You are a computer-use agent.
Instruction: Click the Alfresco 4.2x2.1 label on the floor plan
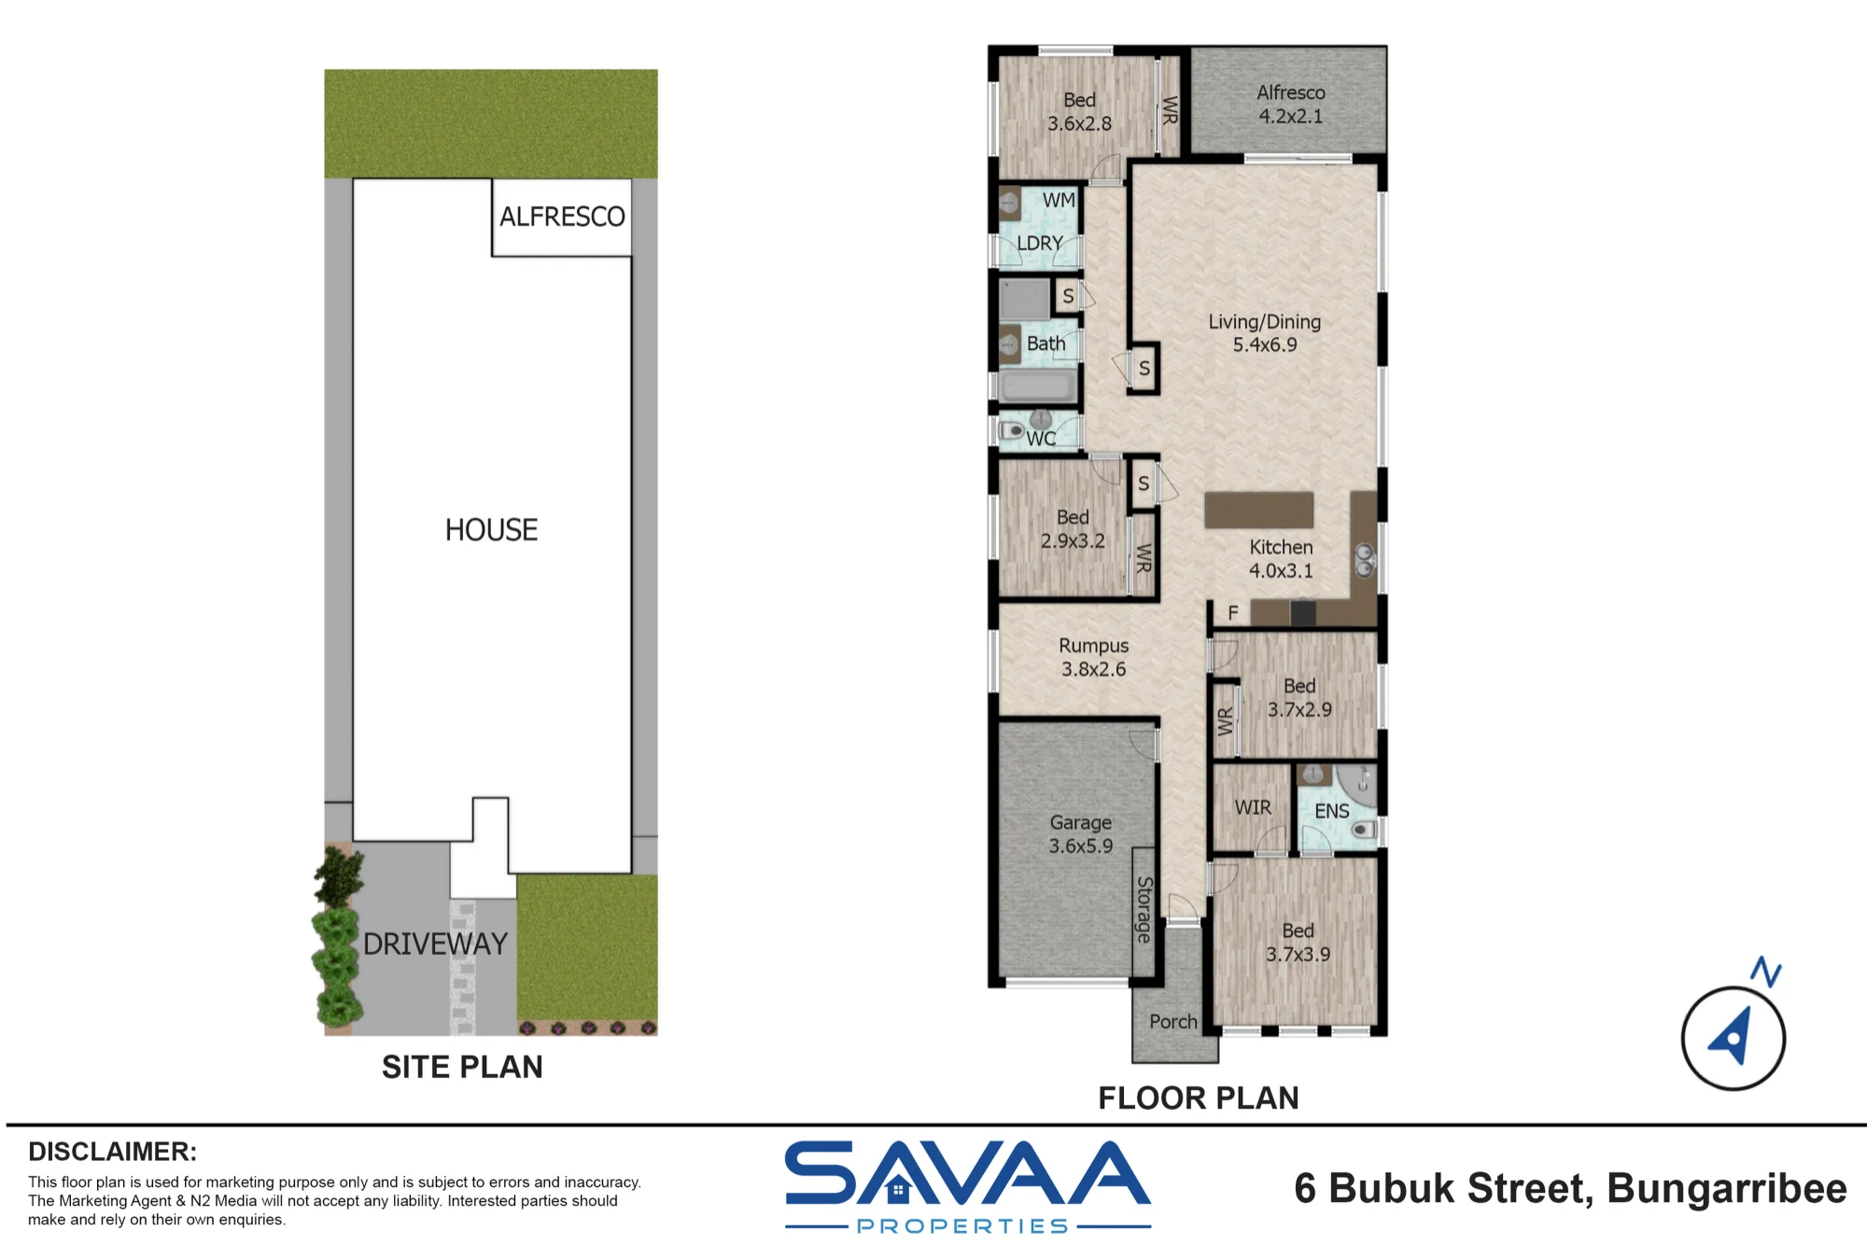[1290, 105]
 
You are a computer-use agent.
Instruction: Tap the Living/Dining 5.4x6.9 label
[1265, 333]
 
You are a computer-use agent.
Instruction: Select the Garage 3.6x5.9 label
[1081, 834]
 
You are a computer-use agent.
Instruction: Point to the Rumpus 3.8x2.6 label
[1093, 657]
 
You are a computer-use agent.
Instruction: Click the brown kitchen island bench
[1258, 510]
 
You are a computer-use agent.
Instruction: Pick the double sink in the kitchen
[1365, 560]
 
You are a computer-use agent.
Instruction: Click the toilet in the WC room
[1011, 431]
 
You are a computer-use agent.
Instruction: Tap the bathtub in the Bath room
[1038, 385]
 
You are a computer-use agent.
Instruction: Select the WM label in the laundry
[1059, 201]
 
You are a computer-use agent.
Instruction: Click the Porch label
[1173, 1022]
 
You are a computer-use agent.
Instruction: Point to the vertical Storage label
[1144, 910]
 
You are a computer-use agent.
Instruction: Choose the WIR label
[1253, 807]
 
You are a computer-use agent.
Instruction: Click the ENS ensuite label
[1332, 811]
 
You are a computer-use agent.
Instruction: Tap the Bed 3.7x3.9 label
[1298, 943]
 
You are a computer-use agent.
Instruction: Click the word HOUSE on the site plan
[491, 530]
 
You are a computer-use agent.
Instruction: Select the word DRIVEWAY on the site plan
[435, 944]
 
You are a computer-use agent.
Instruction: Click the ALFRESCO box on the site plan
[562, 217]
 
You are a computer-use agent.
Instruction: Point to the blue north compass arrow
[1732, 1035]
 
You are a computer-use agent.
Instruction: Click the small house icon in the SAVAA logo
[898, 1190]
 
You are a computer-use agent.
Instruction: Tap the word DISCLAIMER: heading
[112, 1152]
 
